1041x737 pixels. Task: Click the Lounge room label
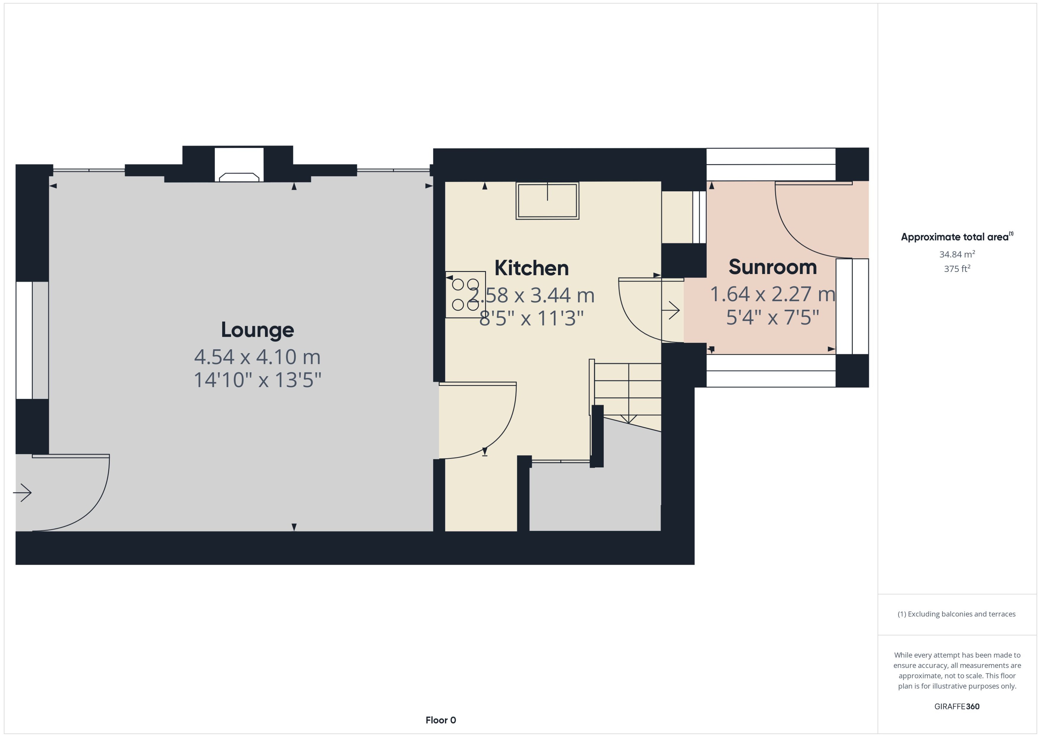click(x=257, y=330)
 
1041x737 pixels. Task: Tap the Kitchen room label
click(x=531, y=268)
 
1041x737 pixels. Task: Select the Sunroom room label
click(x=772, y=267)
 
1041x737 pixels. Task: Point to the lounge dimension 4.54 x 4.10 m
click(x=257, y=357)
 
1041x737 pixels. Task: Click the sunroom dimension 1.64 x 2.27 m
click(x=772, y=294)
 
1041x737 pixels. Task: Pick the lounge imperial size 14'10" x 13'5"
click(x=257, y=380)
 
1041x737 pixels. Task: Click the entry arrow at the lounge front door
click(x=22, y=492)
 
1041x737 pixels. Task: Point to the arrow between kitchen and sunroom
click(x=671, y=310)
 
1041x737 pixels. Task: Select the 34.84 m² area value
click(x=957, y=254)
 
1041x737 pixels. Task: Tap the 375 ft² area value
click(x=957, y=269)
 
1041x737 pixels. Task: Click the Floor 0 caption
click(x=440, y=720)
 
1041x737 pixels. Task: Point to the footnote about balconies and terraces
click(x=957, y=614)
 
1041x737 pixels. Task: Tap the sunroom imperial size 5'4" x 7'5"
click(x=772, y=317)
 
